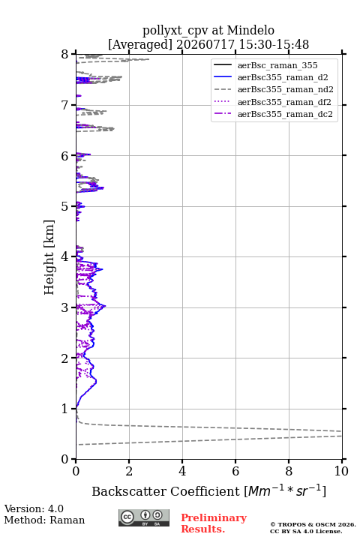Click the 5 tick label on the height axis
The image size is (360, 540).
tap(65, 206)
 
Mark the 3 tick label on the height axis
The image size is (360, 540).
tap(65, 307)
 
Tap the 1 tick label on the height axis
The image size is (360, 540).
tap(65, 409)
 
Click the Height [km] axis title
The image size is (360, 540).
tap(49, 257)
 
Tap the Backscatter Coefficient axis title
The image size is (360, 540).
tap(208, 490)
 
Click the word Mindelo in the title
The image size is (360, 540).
tap(250, 30)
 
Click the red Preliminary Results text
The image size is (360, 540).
tap(214, 523)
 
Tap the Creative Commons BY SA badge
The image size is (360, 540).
tap(144, 518)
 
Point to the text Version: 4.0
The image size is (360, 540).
tap(34, 508)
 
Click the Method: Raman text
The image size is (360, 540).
tap(44, 520)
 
